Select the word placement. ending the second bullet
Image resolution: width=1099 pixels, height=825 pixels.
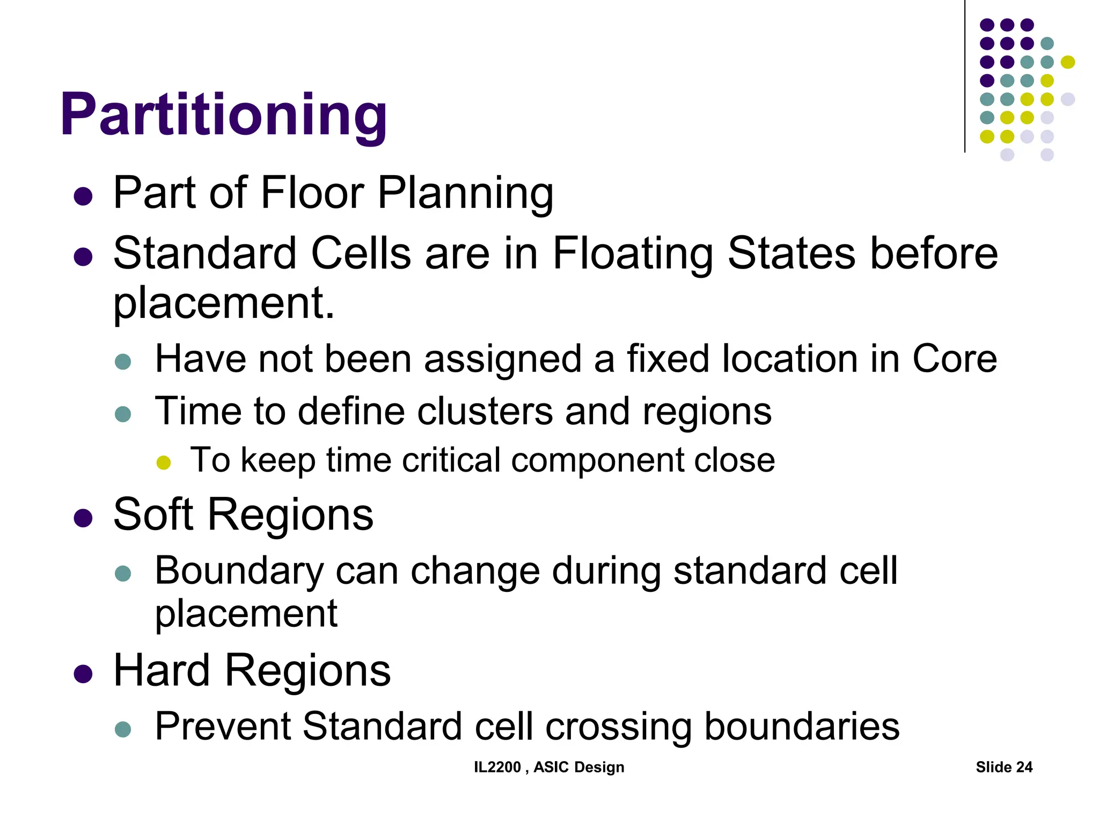point(224,303)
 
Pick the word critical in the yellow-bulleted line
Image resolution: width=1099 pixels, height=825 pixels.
point(451,460)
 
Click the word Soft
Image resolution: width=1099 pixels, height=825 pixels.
point(153,515)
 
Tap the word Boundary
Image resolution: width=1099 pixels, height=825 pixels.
point(239,570)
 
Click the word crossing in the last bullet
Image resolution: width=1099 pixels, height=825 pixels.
point(618,726)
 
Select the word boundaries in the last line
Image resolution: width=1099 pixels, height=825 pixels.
point(802,726)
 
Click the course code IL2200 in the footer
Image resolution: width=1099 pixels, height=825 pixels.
point(497,767)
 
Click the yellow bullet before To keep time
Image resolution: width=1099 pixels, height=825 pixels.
point(163,462)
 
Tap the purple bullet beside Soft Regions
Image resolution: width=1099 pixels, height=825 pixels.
point(83,518)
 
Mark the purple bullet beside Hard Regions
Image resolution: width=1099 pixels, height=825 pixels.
point(83,674)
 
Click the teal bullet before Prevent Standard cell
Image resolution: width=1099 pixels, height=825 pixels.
point(123,729)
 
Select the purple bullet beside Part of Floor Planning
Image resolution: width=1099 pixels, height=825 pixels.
point(83,196)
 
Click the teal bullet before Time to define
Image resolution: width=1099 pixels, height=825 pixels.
point(123,414)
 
